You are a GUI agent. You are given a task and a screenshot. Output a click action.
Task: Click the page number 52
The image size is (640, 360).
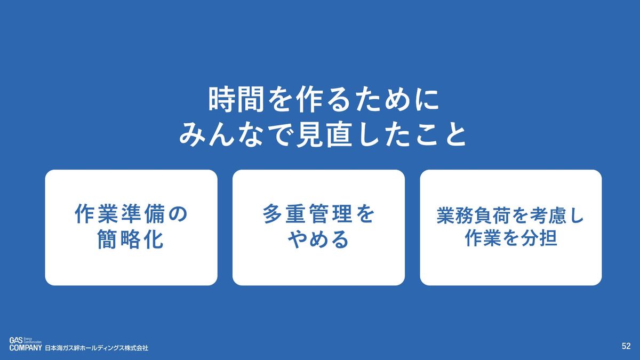point(626,346)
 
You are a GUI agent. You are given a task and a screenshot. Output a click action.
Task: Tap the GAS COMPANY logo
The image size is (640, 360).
point(26,344)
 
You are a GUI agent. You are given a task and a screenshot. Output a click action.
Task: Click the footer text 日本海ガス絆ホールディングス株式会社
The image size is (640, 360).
point(97,348)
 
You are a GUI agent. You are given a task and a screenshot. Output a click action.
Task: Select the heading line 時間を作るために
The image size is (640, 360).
point(323,100)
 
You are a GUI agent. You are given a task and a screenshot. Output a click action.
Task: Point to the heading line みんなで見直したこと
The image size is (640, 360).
point(323,134)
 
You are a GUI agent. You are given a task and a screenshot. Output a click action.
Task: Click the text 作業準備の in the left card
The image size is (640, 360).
point(131,214)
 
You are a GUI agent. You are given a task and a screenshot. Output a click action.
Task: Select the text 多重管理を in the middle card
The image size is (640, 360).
point(318,214)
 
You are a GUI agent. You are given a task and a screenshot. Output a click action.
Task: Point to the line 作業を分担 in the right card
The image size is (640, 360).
point(511,237)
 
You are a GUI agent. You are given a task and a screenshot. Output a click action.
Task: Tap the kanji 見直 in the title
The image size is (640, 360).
point(324,134)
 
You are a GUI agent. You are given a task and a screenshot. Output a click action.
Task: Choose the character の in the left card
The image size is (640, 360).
point(178,214)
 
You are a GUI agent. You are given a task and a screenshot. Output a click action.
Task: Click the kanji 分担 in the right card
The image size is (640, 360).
point(539,237)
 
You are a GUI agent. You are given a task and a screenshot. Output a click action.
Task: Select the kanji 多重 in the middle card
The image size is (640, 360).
point(285,214)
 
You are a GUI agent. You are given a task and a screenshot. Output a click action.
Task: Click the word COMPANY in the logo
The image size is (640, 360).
point(26,348)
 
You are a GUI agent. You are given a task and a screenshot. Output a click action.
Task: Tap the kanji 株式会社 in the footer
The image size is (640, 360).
point(135,348)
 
